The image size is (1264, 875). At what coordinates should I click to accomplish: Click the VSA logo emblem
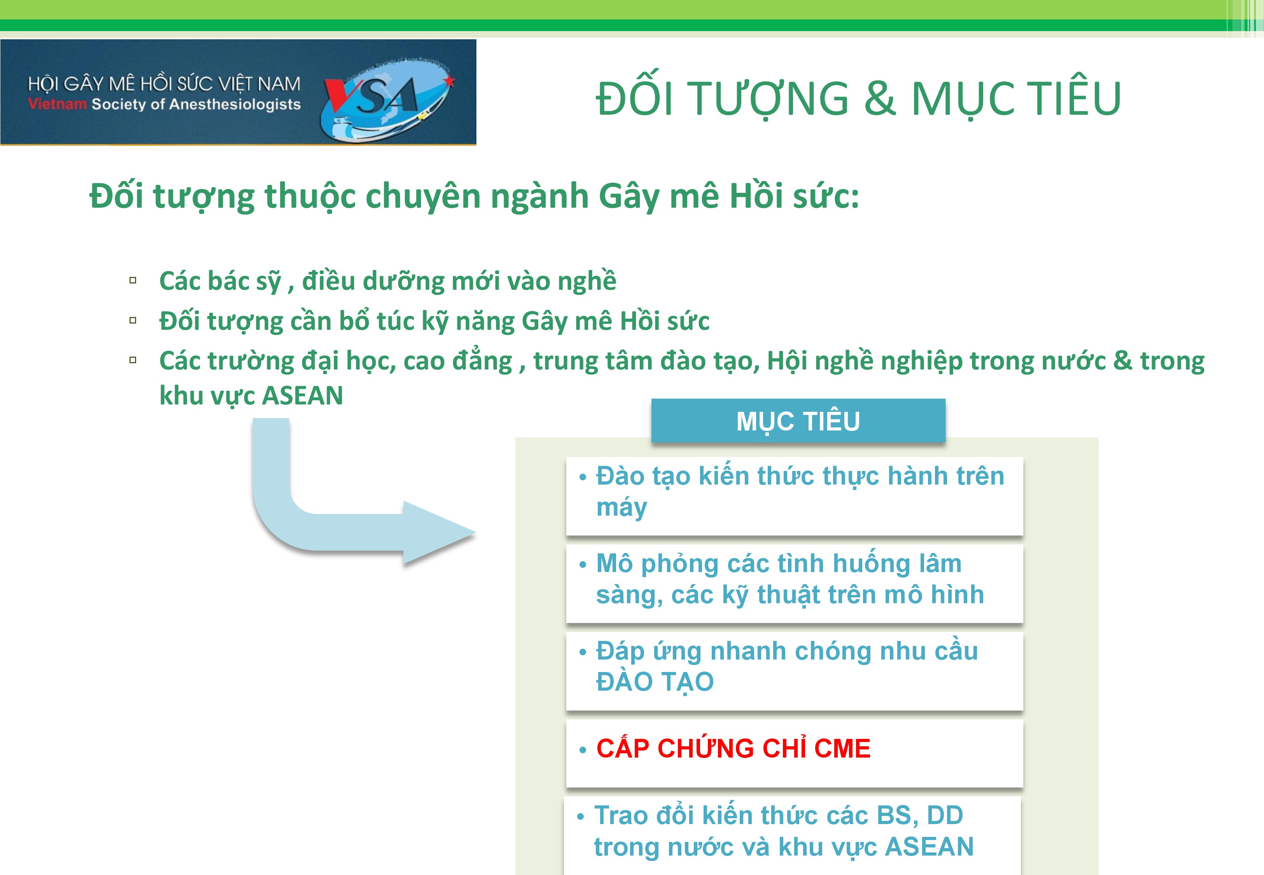[387, 99]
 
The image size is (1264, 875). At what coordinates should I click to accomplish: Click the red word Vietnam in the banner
[58, 104]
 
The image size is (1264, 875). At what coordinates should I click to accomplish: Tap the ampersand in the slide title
[880, 99]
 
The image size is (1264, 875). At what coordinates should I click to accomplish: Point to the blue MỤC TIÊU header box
[798, 420]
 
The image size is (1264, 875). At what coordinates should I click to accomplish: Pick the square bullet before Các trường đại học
[133, 360]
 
